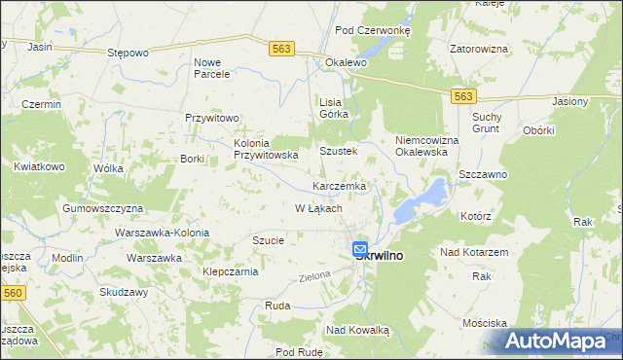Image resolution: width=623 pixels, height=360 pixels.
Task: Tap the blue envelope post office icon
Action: (360, 249)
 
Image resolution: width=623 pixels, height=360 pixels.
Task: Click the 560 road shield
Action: (12, 292)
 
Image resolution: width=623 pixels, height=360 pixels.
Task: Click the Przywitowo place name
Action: (212, 118)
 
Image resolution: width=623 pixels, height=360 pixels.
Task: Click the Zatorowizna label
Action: (479, 47)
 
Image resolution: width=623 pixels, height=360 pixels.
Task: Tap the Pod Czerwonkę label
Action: (373, 30)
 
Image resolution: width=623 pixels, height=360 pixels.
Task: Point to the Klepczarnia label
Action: (230, 271)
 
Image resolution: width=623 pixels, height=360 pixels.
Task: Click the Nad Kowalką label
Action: (357, 330)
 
